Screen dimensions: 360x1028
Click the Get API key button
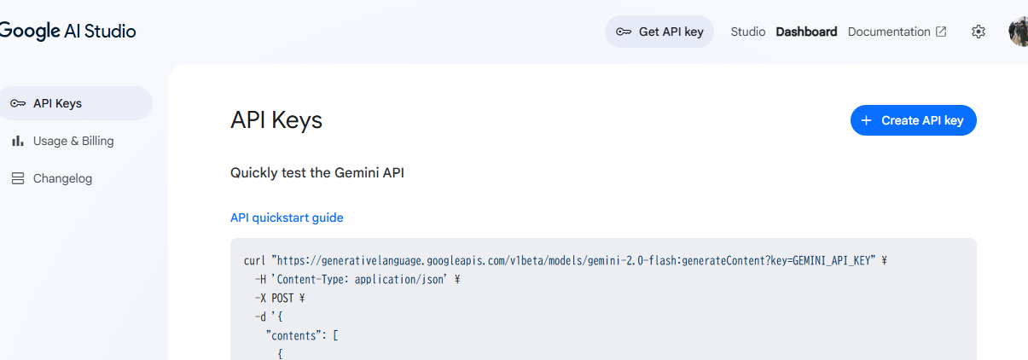coord(659,32)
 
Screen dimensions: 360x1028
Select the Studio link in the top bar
coord(748,32)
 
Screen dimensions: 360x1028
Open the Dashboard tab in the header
coord(806,32)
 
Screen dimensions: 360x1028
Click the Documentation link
coord(889,32)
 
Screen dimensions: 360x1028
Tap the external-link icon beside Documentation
coord(941,32)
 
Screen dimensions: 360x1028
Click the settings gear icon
coord(979,32)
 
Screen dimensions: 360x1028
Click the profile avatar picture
coord(1019,32)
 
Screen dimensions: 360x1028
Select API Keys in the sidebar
coord(57,103)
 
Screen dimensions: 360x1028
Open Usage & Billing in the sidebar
coord(73,141)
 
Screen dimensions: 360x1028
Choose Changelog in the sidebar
coord(62,178)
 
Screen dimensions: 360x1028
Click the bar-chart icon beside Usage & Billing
coord(17,141)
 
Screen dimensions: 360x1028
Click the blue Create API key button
coord(913,120)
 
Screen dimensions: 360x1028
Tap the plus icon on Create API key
coord(866,120)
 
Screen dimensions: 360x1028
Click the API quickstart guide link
coord(287,218)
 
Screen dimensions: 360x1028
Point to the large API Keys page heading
coord(276,120)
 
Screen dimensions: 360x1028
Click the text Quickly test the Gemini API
coord(317,172)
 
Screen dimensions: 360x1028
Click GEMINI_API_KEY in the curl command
coord(832,260)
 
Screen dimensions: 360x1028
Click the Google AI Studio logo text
coord(68,32)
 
